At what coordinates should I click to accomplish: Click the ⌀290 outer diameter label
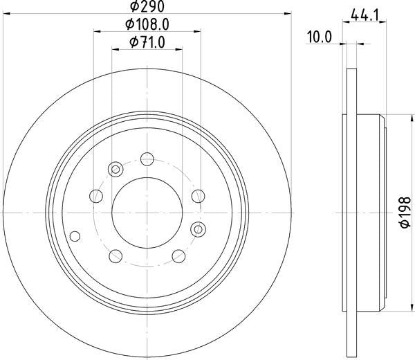pyautogui.click(x=147, y=8)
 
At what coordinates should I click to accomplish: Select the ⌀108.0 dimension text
pyautogui.click(x=147, y=26)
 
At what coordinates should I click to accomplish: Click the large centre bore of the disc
pyautogui.click(x=147, y=208)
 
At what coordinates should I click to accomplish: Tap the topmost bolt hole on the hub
pyautogui.click(x=146, y=159)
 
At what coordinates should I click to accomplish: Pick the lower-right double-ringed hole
pyautogui.click(x=198, y=229)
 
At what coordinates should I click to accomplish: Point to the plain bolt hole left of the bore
pyautogui.click(x=96, y=197)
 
